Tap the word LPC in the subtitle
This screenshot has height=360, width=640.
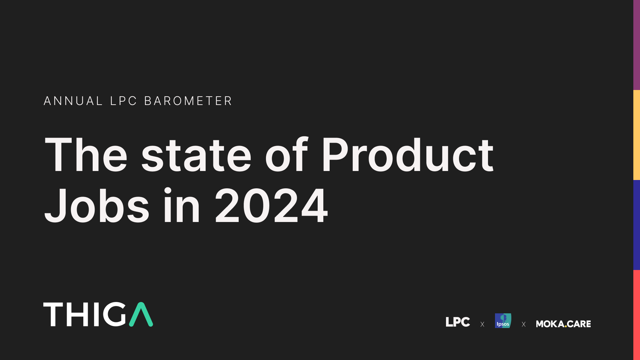(x=124, y=101)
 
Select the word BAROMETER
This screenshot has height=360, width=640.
(x=188, y=101)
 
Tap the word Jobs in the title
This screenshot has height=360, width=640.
(x=97, y=206)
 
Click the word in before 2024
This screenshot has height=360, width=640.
(x=181, y=206)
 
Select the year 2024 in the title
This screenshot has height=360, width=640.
(x=271, y=206)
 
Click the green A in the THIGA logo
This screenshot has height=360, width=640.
(x=141, y=315)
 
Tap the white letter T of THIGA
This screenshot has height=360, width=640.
(x=53, y=314)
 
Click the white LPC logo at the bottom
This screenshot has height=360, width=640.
(x=458, y=322)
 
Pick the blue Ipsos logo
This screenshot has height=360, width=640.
(x=503, y=321)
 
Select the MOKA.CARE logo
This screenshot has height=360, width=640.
(x=563, y=324)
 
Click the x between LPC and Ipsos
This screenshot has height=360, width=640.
(x=482, y=324)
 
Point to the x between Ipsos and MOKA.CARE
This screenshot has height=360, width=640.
(x=524, y=324)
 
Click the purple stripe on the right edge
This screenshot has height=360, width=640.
(x=637, y=45)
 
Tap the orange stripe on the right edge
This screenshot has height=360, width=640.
(x=637, y=135)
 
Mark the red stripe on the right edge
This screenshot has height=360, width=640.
(x=637, y=315)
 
